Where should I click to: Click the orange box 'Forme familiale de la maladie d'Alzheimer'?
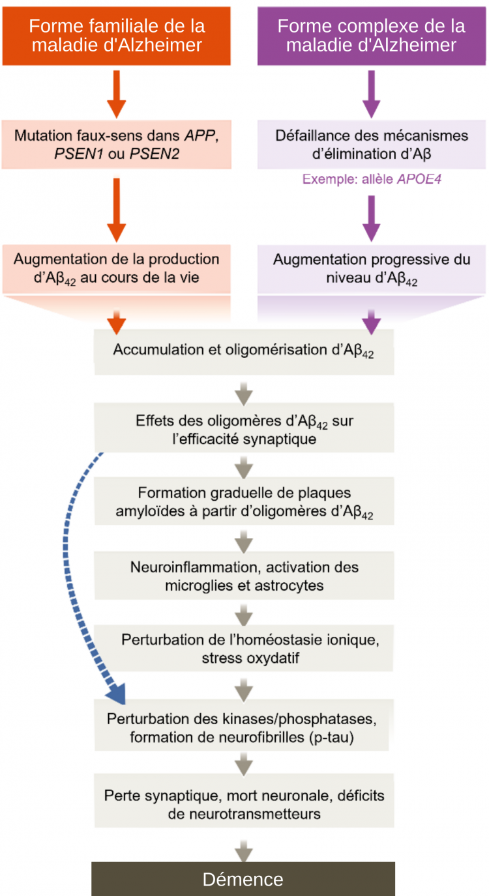tap(117, 36)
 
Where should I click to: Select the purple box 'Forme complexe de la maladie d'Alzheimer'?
tap(371, 36)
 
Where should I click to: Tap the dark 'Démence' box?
tap(243, 880)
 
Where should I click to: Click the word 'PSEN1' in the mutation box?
tap(79, 154)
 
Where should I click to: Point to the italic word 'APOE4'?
tap(419, 179)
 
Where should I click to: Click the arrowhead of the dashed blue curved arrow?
tap(117, 693)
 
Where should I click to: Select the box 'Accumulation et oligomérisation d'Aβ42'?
tap(244, 352)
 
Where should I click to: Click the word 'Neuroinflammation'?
tap(196, 567)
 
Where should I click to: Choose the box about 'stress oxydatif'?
tap(244, 648)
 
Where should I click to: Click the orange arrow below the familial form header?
tap(117, 94)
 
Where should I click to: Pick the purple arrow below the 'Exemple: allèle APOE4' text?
tap(371, 218)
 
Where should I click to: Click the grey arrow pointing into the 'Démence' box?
tap(243, 851)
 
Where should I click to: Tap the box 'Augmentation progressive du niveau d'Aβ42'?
tap(371, 269)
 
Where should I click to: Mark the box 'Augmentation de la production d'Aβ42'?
tap(117, 269)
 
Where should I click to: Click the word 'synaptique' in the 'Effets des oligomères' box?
tap(280, 439)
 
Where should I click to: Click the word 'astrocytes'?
tap(289, 585)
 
